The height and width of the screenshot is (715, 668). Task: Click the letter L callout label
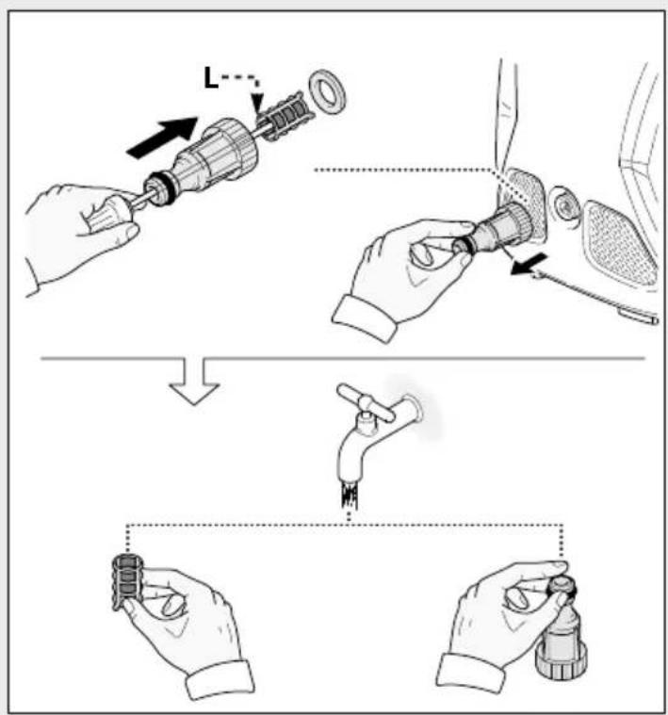212,75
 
